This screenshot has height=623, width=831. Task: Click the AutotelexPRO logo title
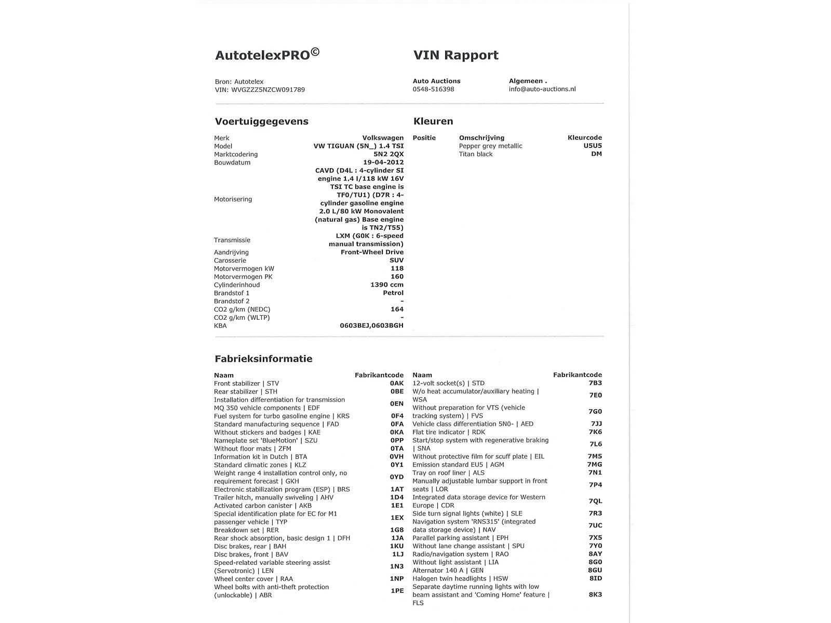pyautogui.click(x=267, y=55)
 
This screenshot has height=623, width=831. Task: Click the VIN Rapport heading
pyautogui.click(x=455, y=55)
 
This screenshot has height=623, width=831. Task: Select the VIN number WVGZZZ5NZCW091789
pyautogui.click(x=268, y=90)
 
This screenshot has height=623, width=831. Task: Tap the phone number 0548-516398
pyautogui.click(x=433, y=89)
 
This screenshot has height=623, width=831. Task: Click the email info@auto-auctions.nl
pyautogui.click(x=542, y=89)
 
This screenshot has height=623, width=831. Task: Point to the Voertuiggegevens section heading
pyautogui.click(x=261, y=121)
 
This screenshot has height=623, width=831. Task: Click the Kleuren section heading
pyautogui.click(x=433, y=121)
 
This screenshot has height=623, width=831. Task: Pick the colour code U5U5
pyautogui.click(x=592, y=146)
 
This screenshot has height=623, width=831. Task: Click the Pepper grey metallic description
pyautogui.click(x=490, y=146)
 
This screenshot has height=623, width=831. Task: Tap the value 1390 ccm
pyautogui.click(x=386, y=285)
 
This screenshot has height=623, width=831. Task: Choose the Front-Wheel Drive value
pyautogui.click(x=372, y=252)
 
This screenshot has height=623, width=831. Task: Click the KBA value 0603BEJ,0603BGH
pyautogui.click(x=371, y=326)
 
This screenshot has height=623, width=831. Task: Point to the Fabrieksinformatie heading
pyautogui.click(x=263, y=359)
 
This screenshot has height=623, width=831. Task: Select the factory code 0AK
pyautogui.click(x=396, y=384)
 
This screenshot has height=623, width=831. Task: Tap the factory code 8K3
pyautogui.click(x=595, y=594)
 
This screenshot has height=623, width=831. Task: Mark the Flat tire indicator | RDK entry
pyautogui.click(x=449, y=432)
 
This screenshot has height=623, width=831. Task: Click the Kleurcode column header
pyautogui.click(x=584, y=138)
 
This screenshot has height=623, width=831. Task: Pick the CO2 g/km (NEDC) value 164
pyautogui.click(x=397, y=309)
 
